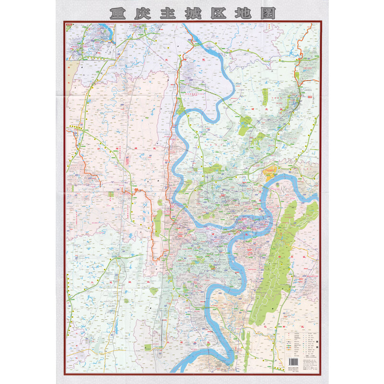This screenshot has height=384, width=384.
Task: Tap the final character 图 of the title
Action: coord(266,13)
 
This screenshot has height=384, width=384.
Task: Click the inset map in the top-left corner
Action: coord(91,41)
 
